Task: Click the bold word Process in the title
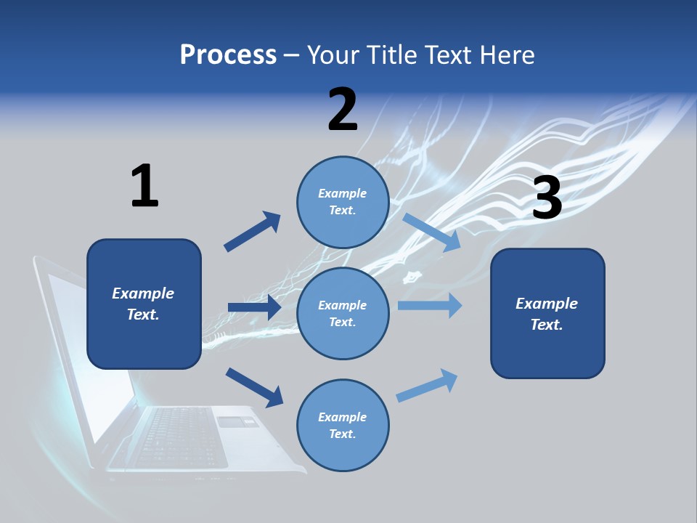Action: (x=228, y=54)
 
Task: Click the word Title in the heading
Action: (x=392, y=54)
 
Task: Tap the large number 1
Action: (x=144, y=187)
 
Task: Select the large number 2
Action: (x=343, y=110)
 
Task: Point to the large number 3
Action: (x=547, y=198)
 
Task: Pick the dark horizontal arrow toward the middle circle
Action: (x=254, y=307)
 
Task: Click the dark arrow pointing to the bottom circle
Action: (x=254, y=387)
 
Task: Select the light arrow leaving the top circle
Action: (x=431, y=232)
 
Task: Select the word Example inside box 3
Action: (x=547, y=304)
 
